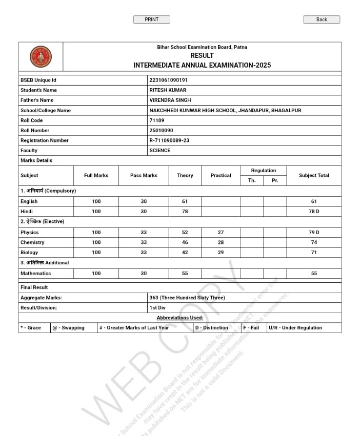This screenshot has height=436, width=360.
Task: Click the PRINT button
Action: pos(151,19)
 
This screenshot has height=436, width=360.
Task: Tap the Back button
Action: pos(322,19)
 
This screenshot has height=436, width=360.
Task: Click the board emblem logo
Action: pos(41,56)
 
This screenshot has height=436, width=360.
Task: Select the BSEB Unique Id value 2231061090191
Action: pos(169,80)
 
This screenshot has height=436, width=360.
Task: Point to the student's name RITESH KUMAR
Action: pos(168,90)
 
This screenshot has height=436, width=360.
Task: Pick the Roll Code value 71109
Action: pos(157,120)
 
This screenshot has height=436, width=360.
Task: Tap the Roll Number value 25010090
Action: pos(161,131)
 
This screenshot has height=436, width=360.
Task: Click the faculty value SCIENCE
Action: pos(160,151)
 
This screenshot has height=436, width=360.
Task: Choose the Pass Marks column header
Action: pos(144,176)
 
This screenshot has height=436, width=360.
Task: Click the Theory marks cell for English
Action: pos(185,201)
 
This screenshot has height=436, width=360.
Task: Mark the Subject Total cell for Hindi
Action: pos(314,212)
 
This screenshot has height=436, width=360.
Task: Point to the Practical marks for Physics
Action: pos(221,233)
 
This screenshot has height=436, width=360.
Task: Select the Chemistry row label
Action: pos(32,242)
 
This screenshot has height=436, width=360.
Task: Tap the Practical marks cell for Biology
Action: pos(221,253)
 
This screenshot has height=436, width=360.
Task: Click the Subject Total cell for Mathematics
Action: pos(314,274)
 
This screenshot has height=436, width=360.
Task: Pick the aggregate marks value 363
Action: pos(187,298)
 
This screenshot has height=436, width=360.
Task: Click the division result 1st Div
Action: pos(157,308)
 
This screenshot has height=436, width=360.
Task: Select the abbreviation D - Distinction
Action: pos(212,328)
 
